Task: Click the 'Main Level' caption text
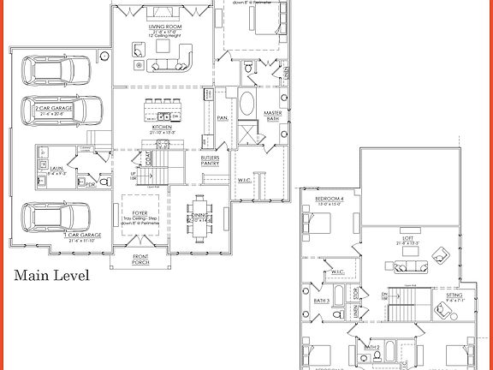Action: [x=51, y=276]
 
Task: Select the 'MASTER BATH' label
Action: [x=272, y=116]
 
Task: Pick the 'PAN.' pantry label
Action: [x=222, y=117]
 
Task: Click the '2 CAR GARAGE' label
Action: [x=53, y=109]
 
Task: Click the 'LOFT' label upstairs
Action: [x=407, y=239]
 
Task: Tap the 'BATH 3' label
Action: [x=321, y=301]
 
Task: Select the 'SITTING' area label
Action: [x=454, y=295]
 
